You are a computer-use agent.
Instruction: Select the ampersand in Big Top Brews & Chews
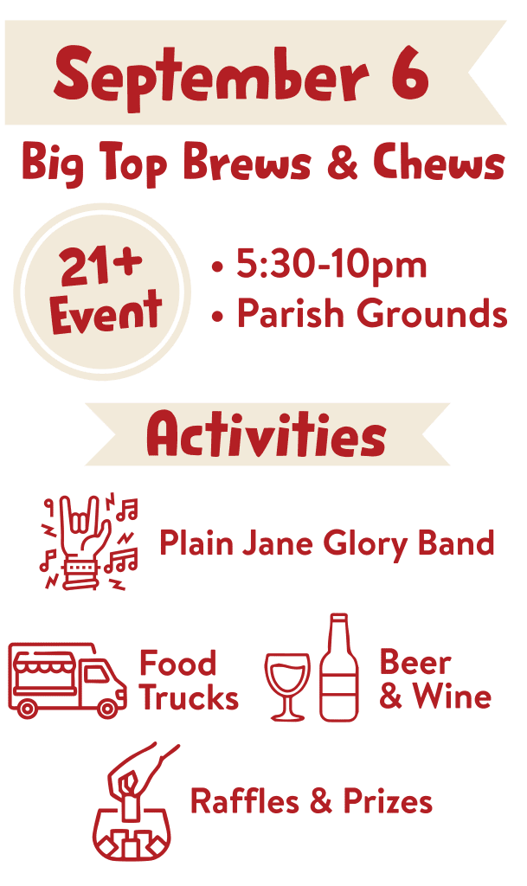(343, 162)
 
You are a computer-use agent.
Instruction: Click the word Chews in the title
(439, 162)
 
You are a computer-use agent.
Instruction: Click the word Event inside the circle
(106, 311)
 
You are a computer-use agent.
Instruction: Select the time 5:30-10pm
(331, 264)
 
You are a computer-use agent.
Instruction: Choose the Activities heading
(266, 434)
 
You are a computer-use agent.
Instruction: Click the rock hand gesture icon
(88, 543)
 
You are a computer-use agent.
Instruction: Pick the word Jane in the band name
(277, 543)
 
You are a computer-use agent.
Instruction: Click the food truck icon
(67, 680)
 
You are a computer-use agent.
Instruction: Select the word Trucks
(190, 698)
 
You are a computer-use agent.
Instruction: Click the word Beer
(415, 662)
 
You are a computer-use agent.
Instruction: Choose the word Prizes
(388, 801)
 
